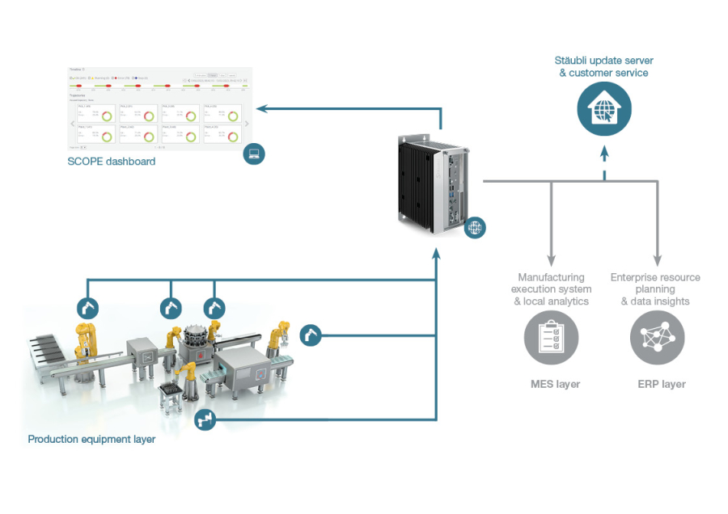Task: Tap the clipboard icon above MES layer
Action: (x=551, y=338)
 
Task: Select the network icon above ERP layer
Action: (x=657, y=338)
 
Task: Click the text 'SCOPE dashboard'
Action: (x=112, y=162)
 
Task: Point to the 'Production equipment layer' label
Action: (x=91, y=440)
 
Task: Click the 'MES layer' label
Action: (x=551, y=384)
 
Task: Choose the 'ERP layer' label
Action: (x=657, y=384)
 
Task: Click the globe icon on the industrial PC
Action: (x=475, y=229)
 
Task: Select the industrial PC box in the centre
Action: (x=434, y=184)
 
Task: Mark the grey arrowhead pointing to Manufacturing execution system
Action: (x=551, y=260)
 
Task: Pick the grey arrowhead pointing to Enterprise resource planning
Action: (x=657, y=260)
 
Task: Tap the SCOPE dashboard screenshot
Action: (x=159, y=108)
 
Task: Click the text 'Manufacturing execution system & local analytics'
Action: (x=551, y=289)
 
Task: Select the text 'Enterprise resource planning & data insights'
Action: (x=656, y=289)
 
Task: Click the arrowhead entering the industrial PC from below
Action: (x=437, y=253)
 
